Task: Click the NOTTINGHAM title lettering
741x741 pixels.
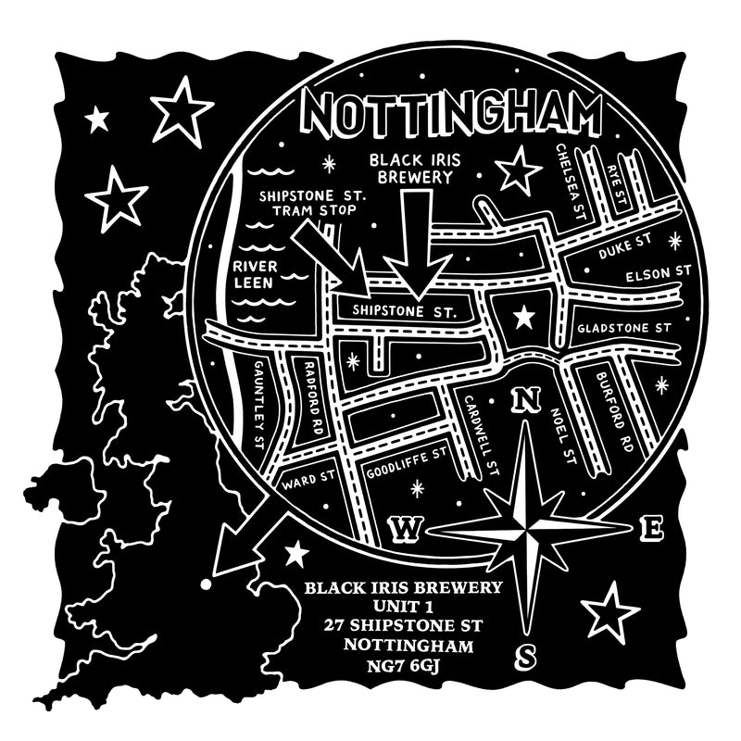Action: pyautogui.click(x=454, y=115)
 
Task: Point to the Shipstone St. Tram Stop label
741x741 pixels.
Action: pyautogui.click(x=313, y=204)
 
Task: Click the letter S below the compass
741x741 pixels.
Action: pyautogui.click(x=525, y=656)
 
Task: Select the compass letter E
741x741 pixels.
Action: pyautogui.click(x=652, y=529)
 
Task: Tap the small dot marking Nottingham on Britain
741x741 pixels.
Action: pyautogui.click(x=205, y=585)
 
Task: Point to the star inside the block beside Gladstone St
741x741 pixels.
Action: pyautogui.click(x=524, y=318)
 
